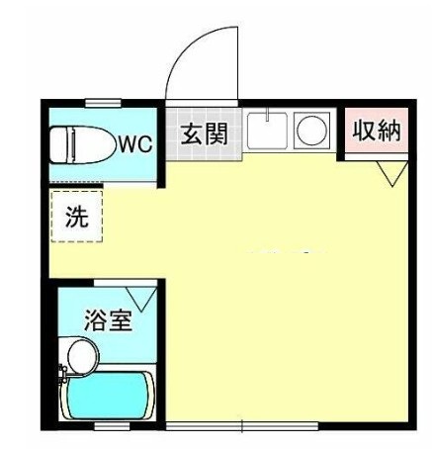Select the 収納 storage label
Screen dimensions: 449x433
378,131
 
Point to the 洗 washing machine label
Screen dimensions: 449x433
76,218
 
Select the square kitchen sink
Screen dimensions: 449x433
266,131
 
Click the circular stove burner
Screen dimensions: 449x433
311,131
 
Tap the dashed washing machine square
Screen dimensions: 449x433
76,217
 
